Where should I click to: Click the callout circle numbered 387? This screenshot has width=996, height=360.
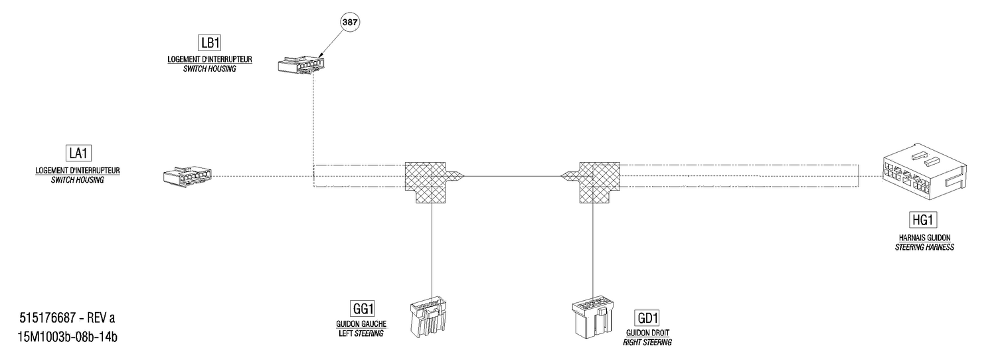350,22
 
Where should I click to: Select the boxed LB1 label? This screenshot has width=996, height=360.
209,43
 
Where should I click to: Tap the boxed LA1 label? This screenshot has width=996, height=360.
78,153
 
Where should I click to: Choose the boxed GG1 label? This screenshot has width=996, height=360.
363,308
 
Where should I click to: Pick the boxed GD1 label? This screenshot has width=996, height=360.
647,318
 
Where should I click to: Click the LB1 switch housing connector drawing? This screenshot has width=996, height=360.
301,64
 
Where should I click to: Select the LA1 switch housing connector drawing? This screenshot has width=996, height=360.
187,175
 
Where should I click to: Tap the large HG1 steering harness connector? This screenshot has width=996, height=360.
924,172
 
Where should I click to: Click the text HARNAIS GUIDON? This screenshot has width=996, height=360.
924,238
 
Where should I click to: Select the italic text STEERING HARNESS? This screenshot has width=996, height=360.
924,247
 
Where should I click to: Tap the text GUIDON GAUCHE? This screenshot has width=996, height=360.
361,324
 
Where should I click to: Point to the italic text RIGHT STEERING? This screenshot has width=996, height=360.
647,343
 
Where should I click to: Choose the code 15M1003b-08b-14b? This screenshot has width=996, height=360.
68,337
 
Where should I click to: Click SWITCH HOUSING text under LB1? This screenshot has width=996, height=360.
209,69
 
